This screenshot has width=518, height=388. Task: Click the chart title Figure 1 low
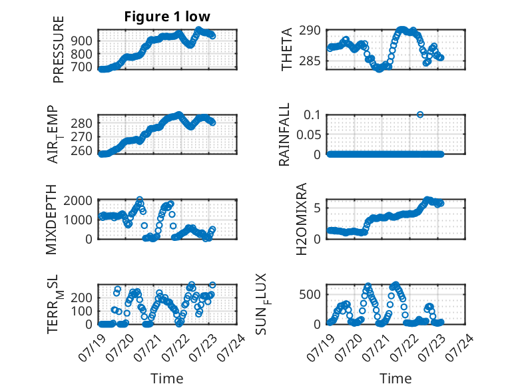point(167,17)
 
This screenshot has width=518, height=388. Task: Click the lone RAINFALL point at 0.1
point(420,114)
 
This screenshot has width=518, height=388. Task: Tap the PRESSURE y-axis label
point(58,49)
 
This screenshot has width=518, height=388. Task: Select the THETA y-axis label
point(287,49)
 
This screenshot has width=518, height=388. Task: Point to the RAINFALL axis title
point(284,134)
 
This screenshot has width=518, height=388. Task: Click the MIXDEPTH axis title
point(51,220)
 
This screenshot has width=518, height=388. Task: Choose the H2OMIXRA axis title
point(302,219)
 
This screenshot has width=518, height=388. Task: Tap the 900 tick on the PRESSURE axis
point(82,41)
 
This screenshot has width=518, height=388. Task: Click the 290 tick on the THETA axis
point(310,31)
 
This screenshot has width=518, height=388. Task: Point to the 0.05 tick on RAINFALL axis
point(309,134)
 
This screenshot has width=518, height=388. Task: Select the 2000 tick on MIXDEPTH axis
point(78,200)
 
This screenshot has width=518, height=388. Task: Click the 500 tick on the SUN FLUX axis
point(310,294)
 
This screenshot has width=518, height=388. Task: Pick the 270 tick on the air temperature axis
point(82,136)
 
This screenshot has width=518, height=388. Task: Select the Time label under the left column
point(167,379)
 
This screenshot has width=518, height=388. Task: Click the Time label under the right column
point(395,379)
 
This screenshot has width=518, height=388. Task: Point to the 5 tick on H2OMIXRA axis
point(317,208)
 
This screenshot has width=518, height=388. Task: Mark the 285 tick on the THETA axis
point(310,61)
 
